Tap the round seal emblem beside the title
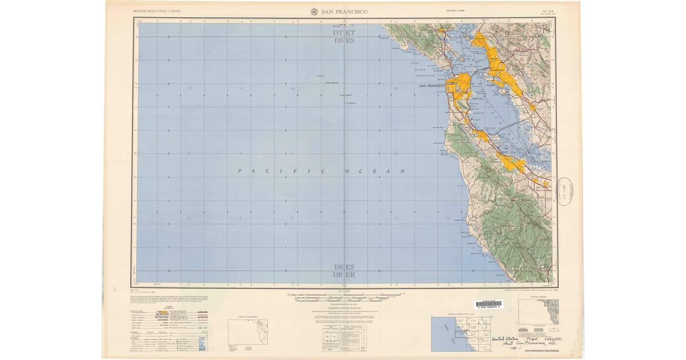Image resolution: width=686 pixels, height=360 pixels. (314, 11)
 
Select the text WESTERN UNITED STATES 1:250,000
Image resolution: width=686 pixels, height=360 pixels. (157, 11)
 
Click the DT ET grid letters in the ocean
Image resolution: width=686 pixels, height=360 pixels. (344, 33)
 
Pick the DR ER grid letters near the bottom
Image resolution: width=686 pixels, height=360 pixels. (344, 275)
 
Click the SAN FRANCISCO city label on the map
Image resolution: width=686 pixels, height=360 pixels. (432, 86)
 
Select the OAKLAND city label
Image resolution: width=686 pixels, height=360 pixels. (496, 69)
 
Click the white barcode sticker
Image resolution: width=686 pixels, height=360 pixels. (488, 305)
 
